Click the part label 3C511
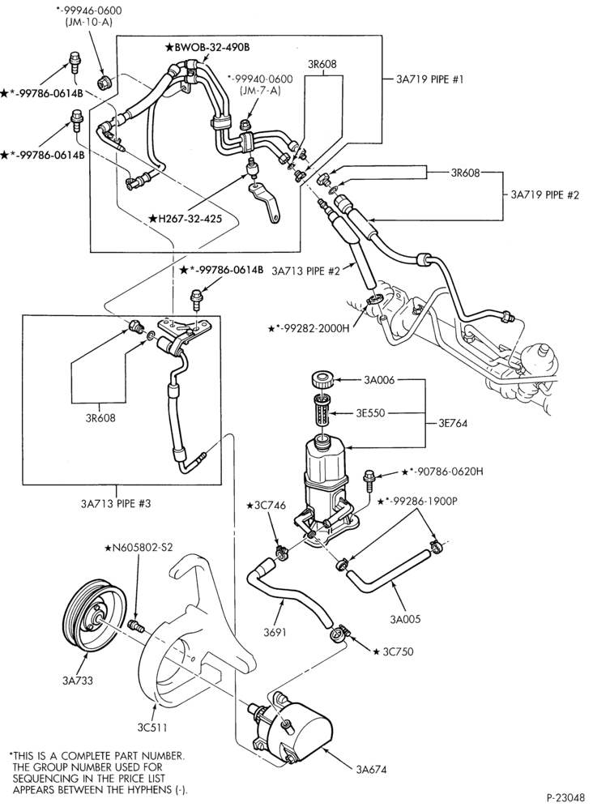pyautogui.click(x=151, y=728)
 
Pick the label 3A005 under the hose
pyautogui.click(x=405, y=619)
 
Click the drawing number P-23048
pyautogui.click(x=565, y=798)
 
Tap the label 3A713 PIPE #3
pyautogui.click(x=115, y=503)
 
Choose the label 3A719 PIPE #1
pyautogui.click(x=430, y=79)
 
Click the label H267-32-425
pyautogui.click(x=186, y=219)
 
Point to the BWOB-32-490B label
pyautogui.click(x=207, y=47)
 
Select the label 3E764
pyautogui.click(x=453, y=423)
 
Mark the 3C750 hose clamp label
pyautogui.click(x=393, y=651)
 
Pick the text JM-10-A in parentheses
pyautogui.click(x=89, y=22)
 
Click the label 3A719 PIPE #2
pyautogui.click(x=545, y=194)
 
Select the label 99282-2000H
pyautogui.click(x=309, y=328)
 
